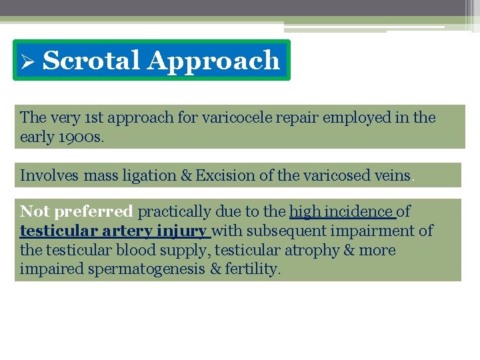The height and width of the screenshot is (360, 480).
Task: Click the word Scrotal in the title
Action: [91, 61]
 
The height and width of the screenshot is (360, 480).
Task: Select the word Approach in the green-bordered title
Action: [213, 61]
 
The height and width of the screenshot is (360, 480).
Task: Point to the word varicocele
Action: [218, 118]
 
